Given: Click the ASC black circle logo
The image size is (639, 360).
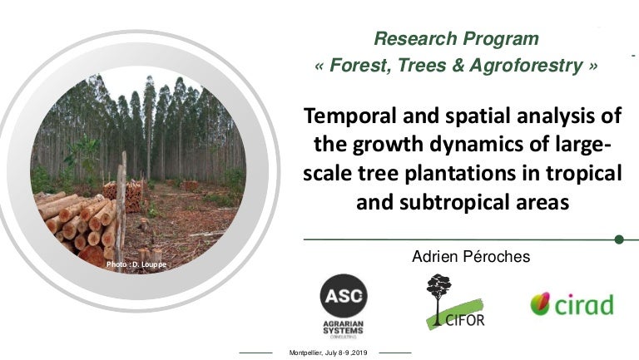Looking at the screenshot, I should [344, 296].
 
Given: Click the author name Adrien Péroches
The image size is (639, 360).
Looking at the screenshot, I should [470, 258].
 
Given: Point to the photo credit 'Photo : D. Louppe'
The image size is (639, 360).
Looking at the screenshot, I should [136, 264].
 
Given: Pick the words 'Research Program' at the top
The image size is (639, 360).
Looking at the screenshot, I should [456, 38].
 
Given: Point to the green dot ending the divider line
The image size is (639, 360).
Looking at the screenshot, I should [619, 239].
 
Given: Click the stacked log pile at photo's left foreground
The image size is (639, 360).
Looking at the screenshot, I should [75, 223].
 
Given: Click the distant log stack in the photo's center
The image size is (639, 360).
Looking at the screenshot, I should [122, 193].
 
